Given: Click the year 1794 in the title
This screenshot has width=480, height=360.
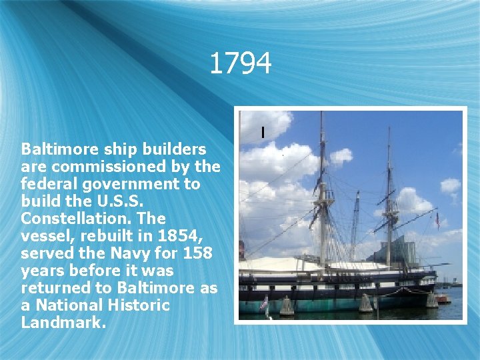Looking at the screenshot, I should point(240,64).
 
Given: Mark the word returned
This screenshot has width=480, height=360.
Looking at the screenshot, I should point(55,288).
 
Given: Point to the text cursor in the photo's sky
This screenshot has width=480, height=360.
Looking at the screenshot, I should point(263,133).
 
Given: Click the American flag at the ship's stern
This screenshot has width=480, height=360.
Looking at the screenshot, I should point(438,220).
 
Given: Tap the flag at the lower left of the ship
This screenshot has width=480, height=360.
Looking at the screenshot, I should point(263,303).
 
